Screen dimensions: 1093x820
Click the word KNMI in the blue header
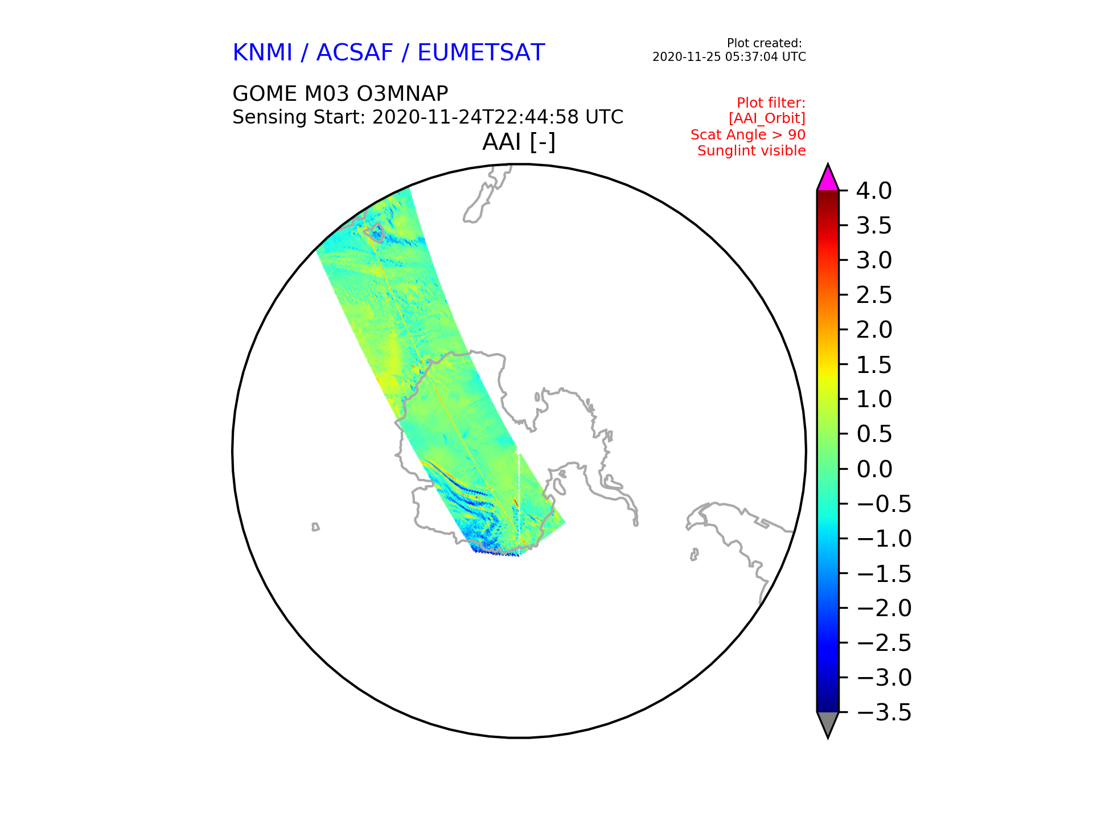point(262,52)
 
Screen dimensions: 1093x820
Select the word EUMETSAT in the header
point(481,52)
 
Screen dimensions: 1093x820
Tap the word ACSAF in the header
point(355,52)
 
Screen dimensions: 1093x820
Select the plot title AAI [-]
point(519,142)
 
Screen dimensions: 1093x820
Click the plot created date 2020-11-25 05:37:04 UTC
point(729,57)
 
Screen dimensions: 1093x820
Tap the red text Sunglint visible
point(751,151)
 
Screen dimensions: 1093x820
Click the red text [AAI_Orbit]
point(767,118)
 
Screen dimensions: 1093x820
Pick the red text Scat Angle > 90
point(748,135)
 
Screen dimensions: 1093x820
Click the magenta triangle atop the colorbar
point(828,178)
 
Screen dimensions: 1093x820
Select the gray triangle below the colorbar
point(828,724)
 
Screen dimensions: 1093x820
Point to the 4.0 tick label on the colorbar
point(874,191)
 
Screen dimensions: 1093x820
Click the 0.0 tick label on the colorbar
point(874,469)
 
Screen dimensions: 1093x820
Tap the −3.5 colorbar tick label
point(884,712)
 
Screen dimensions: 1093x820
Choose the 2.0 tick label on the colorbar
point(874,330)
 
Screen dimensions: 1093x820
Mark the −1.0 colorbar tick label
point(884,539)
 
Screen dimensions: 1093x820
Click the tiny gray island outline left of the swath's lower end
point(315,527)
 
